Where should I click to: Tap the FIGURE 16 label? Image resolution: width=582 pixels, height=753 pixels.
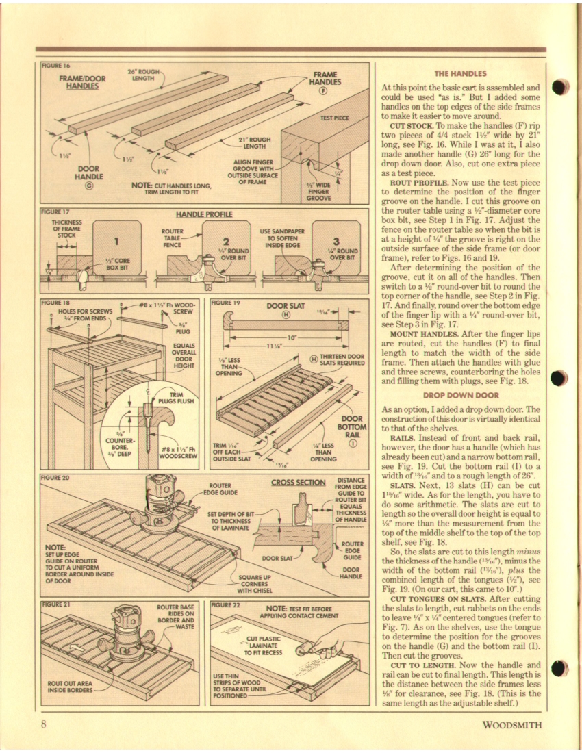[x=57, y=66]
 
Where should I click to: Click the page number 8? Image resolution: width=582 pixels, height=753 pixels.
[x=42, y=725]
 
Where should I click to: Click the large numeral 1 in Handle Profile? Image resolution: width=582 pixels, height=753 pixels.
[x=116, y=240]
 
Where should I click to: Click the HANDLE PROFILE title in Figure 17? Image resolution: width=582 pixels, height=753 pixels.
[x=204, y=214]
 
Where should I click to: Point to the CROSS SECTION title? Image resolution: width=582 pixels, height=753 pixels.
[x=297, y=483]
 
